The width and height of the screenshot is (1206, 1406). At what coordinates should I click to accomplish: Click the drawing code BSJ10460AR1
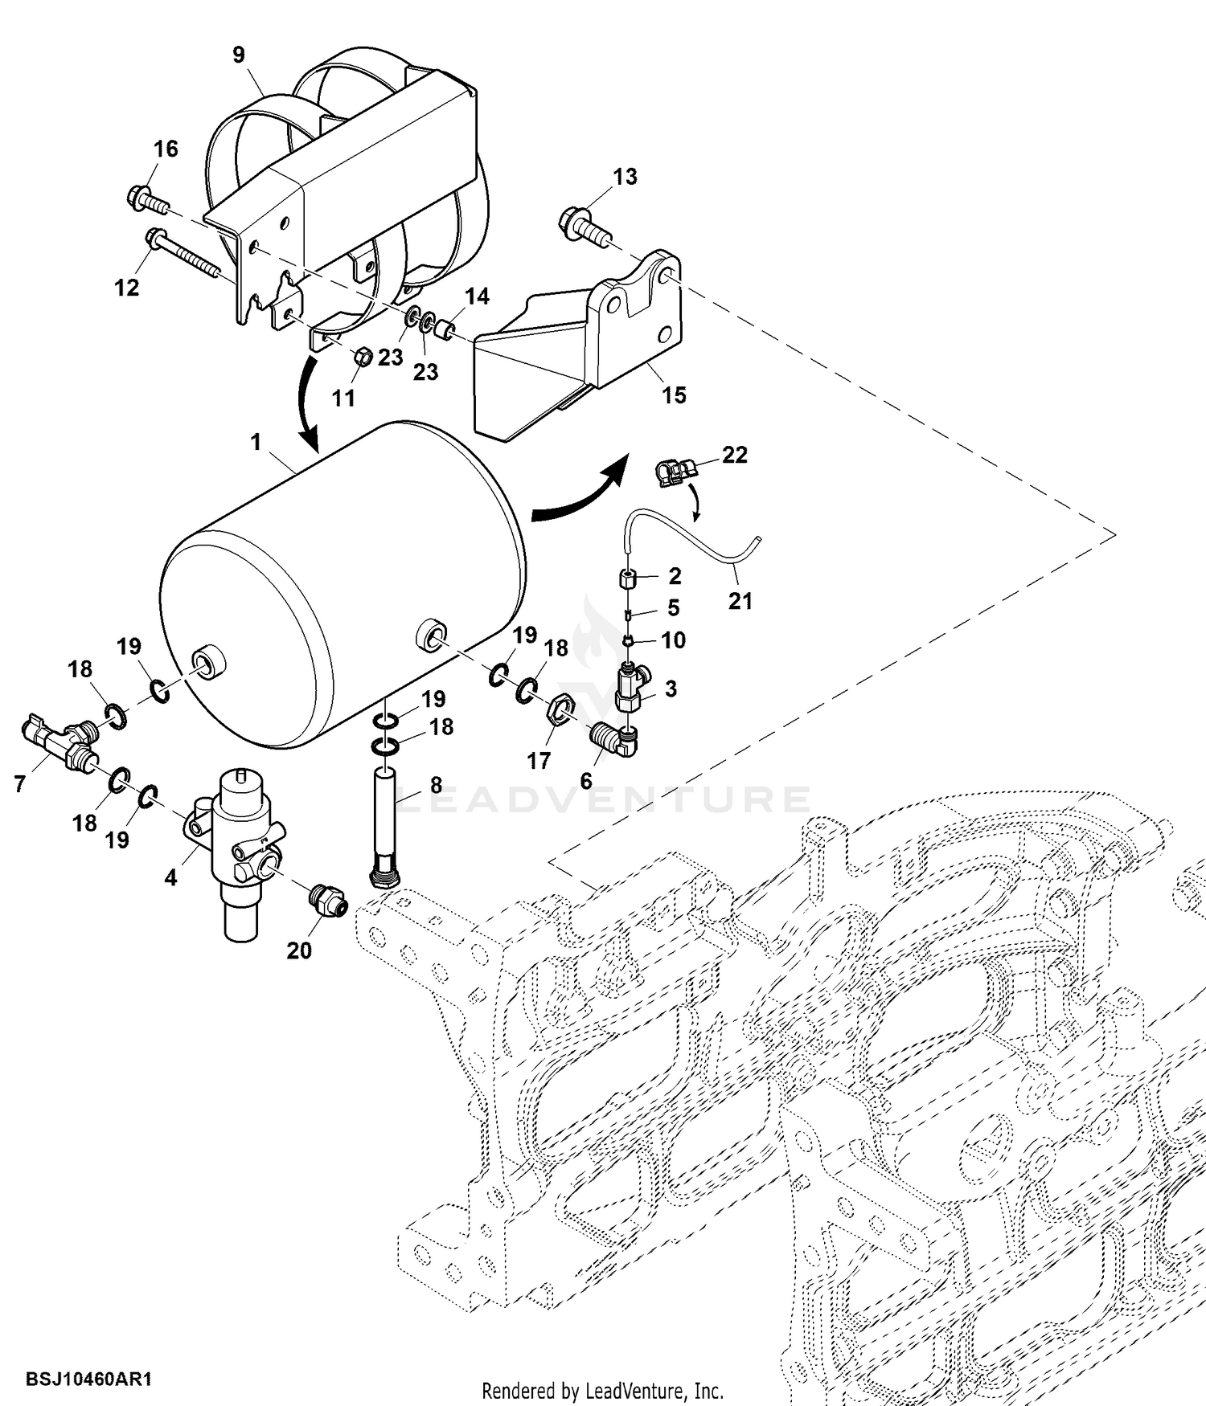89,1379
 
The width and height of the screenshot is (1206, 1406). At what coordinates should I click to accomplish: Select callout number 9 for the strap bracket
239,55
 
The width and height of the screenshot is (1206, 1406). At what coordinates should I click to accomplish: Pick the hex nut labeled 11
363,355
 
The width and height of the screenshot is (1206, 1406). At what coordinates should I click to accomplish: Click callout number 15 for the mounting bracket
674,395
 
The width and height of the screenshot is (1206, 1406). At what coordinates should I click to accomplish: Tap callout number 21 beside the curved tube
740,600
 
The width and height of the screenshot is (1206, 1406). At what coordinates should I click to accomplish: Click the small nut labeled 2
629,578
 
